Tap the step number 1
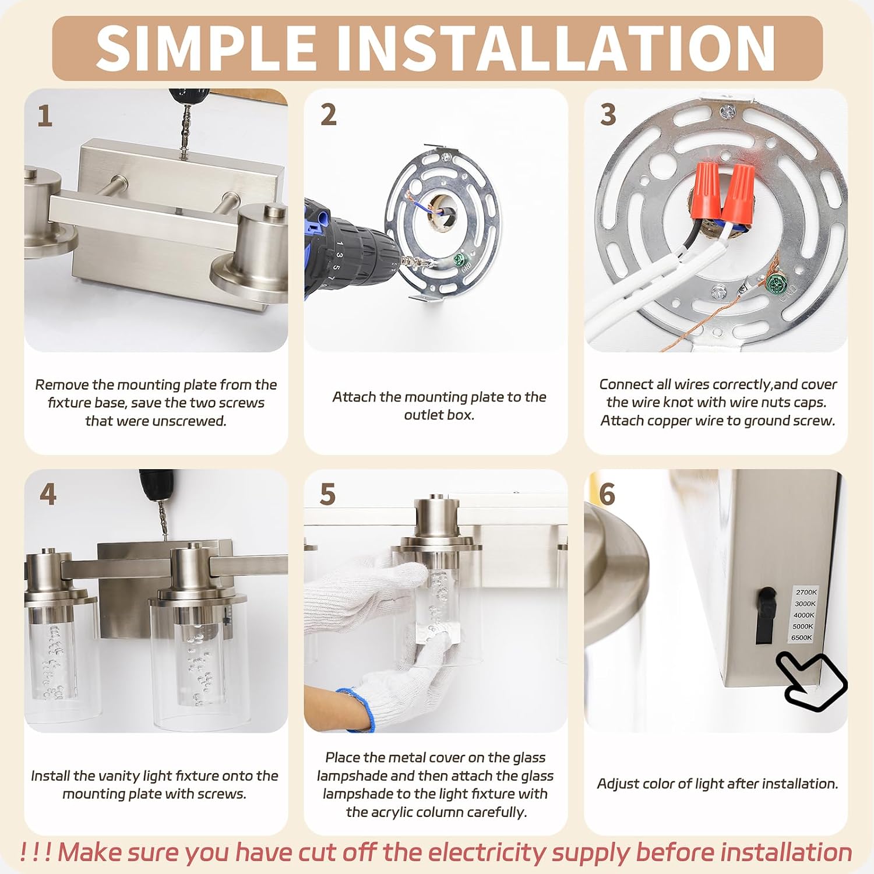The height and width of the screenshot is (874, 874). tap(45, 116)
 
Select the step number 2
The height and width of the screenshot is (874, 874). tap(329, 115)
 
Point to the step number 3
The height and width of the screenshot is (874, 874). tap(608, 115)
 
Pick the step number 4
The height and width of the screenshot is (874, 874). tap(48, 494)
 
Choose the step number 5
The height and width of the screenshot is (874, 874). tap(327, 494)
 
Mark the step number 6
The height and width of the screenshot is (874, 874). tap(607, 494)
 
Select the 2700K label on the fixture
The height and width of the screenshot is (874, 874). tap(806, 593)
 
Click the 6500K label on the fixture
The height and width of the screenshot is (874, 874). tap(802, 637)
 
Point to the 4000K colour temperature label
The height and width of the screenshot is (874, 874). tap(804, 615)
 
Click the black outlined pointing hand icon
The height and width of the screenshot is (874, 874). tap(812, 680)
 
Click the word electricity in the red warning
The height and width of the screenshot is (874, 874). tap(487, 852)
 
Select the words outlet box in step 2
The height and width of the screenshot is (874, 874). tap(439, 415)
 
